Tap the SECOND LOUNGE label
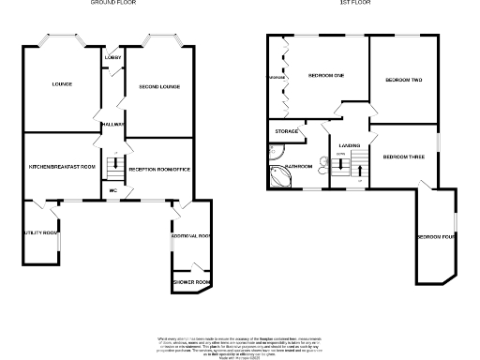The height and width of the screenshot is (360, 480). (158, 86)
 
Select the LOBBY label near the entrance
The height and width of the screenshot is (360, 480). (112, 57)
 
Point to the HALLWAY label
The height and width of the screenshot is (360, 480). (113, 125)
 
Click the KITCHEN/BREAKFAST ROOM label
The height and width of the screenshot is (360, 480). (63, 166)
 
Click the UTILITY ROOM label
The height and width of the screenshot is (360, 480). (41, 232)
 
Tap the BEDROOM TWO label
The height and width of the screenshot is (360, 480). (403, 81)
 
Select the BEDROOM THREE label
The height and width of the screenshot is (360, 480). (404, 157)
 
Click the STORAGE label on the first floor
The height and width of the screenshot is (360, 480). (288, 131)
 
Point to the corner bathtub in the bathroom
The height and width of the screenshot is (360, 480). (281, 178)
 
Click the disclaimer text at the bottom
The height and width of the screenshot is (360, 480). (239, 343)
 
